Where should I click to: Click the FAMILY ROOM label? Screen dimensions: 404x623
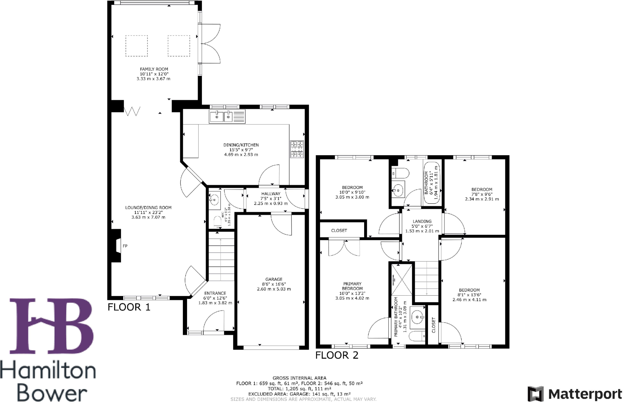(154, 69)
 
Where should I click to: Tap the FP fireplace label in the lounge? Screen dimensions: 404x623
(125, 246)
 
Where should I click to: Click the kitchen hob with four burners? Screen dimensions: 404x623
(297, 149)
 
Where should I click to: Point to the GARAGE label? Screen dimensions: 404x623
(274, 279)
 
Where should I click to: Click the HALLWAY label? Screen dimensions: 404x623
(271, 194)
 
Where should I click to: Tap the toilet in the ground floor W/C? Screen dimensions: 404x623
(217, 222)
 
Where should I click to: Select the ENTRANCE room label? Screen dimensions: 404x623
(215, 293)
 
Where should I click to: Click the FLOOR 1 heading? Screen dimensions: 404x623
(129, 307)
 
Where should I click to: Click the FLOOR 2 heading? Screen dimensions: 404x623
(337, 355)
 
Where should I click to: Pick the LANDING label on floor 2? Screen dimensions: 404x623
(422, 221)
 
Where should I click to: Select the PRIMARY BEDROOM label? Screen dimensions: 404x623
(352, 286)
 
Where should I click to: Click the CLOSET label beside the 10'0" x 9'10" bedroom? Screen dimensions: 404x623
(339, 230)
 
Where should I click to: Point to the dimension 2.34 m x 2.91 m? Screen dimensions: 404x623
(482, 199)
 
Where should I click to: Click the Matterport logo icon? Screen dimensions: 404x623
(536, 394)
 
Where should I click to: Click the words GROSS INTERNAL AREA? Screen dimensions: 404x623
(299, 378)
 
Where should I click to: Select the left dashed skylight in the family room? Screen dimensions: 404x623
(137, 46)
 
